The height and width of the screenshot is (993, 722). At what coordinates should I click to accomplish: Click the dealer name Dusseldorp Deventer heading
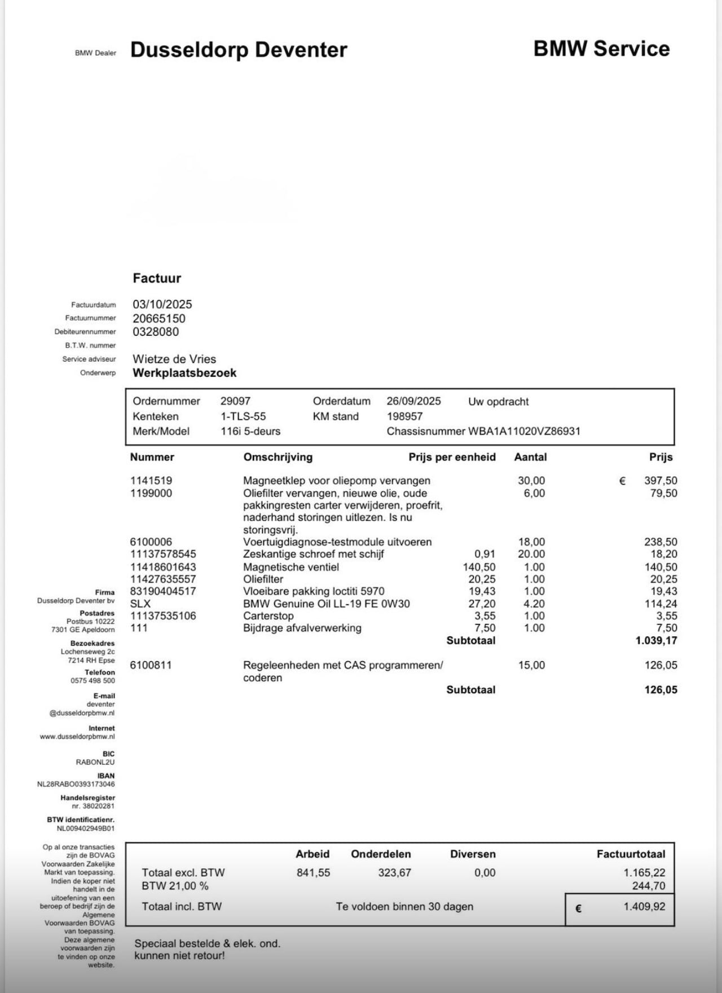239,50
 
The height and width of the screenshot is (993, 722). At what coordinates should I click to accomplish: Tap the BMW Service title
601,49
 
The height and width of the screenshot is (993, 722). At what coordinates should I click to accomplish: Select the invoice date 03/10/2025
162,304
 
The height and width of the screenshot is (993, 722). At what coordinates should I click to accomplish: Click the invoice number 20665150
159,318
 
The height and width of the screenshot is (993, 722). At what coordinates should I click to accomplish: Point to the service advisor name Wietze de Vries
174,359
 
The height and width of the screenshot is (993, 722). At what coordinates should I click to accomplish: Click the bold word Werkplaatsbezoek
184,373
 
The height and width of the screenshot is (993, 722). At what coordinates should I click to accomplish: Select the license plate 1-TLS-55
243,416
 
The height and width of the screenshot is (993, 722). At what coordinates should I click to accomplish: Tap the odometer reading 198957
404,416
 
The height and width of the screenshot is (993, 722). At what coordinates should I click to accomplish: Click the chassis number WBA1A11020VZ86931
524,431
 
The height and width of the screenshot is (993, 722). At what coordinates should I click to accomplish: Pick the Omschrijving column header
278,457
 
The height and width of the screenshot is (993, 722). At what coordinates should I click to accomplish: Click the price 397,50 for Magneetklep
661,481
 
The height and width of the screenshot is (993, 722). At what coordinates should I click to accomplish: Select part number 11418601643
163,567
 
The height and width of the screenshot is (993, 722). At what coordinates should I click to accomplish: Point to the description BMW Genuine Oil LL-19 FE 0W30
327,604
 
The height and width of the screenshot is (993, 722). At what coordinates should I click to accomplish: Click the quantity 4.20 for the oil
534,604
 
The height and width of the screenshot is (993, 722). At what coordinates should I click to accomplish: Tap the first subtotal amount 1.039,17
656,640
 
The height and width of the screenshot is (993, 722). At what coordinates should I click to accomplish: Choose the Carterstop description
268,616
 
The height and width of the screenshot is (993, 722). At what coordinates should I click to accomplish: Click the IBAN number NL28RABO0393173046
76,784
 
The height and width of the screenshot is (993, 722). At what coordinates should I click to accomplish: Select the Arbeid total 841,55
313,873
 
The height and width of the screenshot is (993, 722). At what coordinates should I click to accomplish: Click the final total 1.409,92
644,907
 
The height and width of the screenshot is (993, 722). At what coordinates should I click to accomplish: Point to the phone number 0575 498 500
93,680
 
